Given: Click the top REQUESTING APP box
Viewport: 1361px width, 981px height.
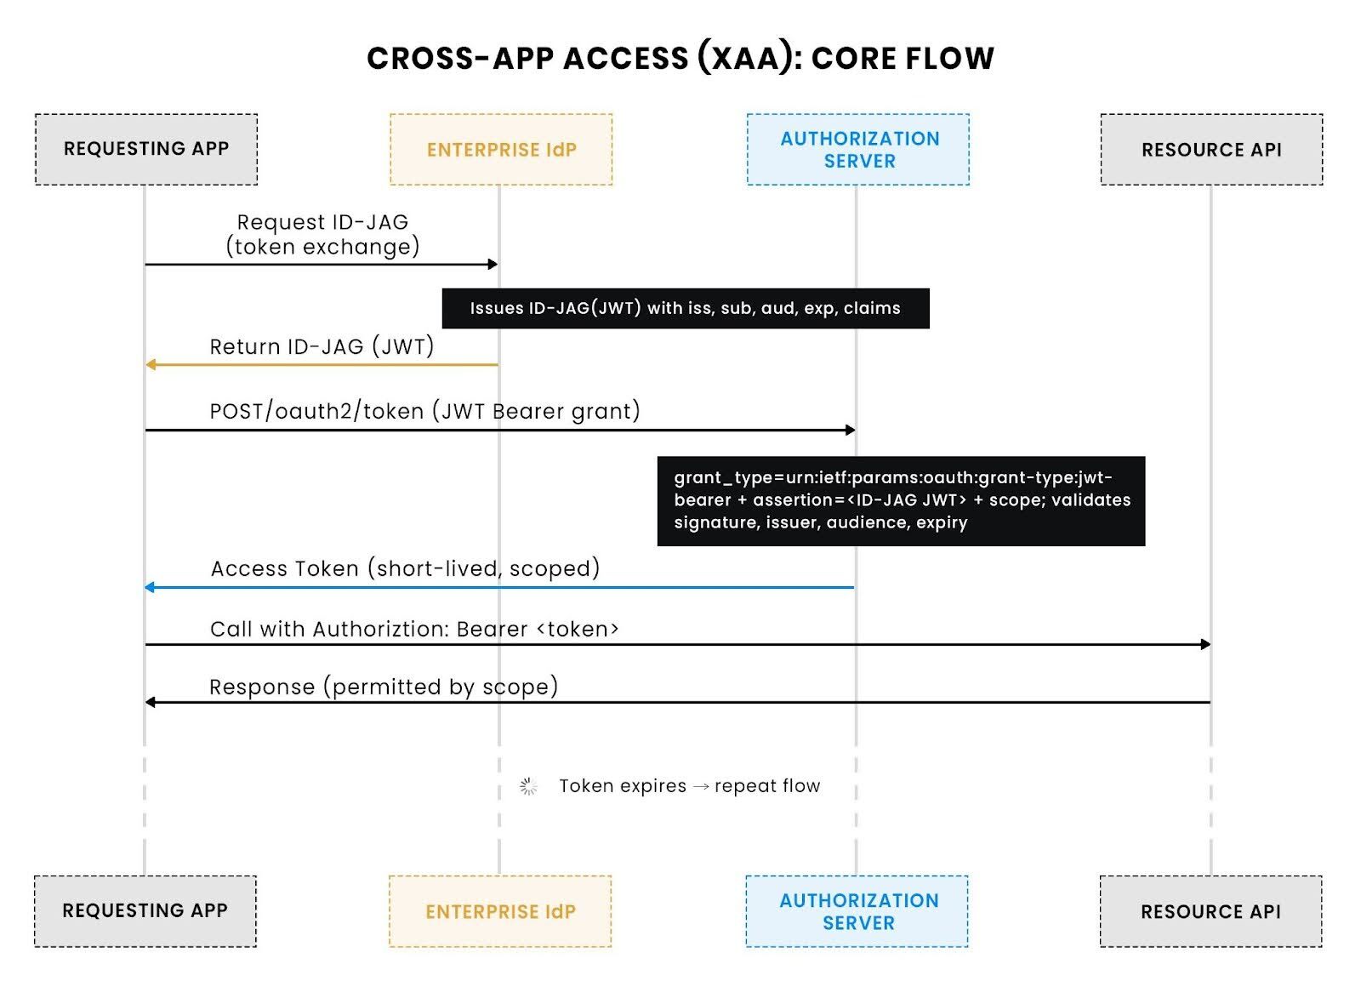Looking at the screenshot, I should (x=146, y=149).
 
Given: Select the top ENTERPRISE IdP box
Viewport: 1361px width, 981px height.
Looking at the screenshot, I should (x=501, y=150).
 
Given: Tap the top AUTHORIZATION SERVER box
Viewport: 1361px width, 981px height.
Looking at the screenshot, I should (x=858, y=150).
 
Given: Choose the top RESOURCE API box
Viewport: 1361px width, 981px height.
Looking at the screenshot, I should (x=1211, y=150).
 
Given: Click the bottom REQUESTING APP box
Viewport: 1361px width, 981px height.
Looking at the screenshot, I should (x=145, y=911).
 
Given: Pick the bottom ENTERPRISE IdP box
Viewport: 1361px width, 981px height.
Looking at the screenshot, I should (x=500, y=912).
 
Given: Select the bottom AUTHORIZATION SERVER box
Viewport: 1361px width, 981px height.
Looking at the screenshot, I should (x=857, y=912).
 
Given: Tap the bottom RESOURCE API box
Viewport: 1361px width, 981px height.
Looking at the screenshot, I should (x=1210, y=912).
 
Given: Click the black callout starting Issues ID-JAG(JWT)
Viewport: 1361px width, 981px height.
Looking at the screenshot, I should (x=686, y=308).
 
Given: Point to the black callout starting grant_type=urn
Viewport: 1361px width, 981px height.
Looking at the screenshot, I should (x=901, y=501).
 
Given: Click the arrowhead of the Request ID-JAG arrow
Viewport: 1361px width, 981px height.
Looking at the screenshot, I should (x=493, y=265).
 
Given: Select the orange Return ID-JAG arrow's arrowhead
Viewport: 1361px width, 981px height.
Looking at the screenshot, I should (x=151, y=365).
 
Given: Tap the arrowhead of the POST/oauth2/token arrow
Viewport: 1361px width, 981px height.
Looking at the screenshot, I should (x=850, y=431).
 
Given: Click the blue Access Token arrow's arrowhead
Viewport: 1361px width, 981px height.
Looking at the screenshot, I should (x=151, y=587).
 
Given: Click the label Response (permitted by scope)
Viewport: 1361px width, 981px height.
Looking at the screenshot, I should (x=384, y=687).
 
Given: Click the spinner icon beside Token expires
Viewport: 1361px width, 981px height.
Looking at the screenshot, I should (x=528, y=787).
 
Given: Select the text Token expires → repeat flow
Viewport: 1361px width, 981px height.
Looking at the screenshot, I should (x=689, y=786).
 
